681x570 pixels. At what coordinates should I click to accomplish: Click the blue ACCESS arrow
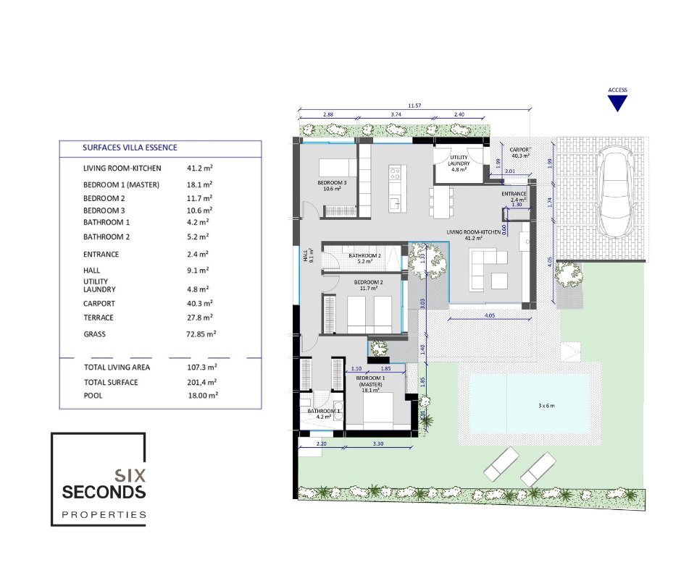(617, 103)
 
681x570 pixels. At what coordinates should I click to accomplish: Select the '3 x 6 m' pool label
(546, 406)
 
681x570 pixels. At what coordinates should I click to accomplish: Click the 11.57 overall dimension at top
(414, 106)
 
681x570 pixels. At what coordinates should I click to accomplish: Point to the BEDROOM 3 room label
(332, 182)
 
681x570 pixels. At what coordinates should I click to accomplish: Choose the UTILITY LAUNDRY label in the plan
(459, 161)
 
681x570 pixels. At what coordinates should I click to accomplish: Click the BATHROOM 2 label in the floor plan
(364, 255)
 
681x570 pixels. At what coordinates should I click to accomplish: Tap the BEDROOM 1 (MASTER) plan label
(370, 381)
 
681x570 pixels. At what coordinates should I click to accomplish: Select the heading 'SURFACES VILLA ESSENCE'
(130, 148)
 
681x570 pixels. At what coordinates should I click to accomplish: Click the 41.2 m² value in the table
(200, 168)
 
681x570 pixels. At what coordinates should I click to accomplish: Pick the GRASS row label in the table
(94, 334)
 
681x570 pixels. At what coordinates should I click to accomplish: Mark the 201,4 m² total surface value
(202, 382)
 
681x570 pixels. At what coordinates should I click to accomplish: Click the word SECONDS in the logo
(104, 492)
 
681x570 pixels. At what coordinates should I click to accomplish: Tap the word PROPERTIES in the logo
(104, 515)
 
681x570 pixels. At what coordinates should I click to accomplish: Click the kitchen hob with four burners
(395, 174)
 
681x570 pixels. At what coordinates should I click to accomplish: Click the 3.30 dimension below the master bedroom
(378, 443)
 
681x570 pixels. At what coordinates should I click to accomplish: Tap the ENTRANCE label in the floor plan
(514, 194)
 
